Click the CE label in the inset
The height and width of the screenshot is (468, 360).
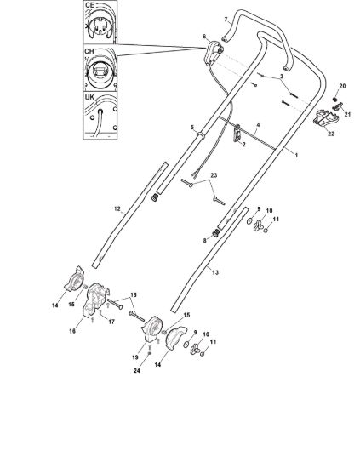point(89,5)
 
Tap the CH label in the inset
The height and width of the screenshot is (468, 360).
point(89,51)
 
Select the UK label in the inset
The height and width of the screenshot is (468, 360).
point(89,97)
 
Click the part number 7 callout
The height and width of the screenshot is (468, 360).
point(226,20)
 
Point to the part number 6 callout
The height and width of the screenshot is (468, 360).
point(204,37)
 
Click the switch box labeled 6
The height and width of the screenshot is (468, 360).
point(213,53)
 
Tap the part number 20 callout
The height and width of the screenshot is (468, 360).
point(342,86)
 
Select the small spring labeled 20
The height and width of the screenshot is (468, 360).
point(335,100)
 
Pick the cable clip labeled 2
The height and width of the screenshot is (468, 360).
point(237,133)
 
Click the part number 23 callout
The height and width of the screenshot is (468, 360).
point(214,175)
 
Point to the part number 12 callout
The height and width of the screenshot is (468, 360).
point(117,208)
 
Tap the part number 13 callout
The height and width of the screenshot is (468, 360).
point(215,272)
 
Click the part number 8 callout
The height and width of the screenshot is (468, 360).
point(204,240)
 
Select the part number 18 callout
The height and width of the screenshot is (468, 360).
point(133,295)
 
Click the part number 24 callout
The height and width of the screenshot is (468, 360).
point(137,371)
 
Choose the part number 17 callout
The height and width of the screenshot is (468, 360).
point(111,322)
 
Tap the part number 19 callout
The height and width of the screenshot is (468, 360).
point(135,357)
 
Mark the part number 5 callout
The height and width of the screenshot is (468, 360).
point(192,127)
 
